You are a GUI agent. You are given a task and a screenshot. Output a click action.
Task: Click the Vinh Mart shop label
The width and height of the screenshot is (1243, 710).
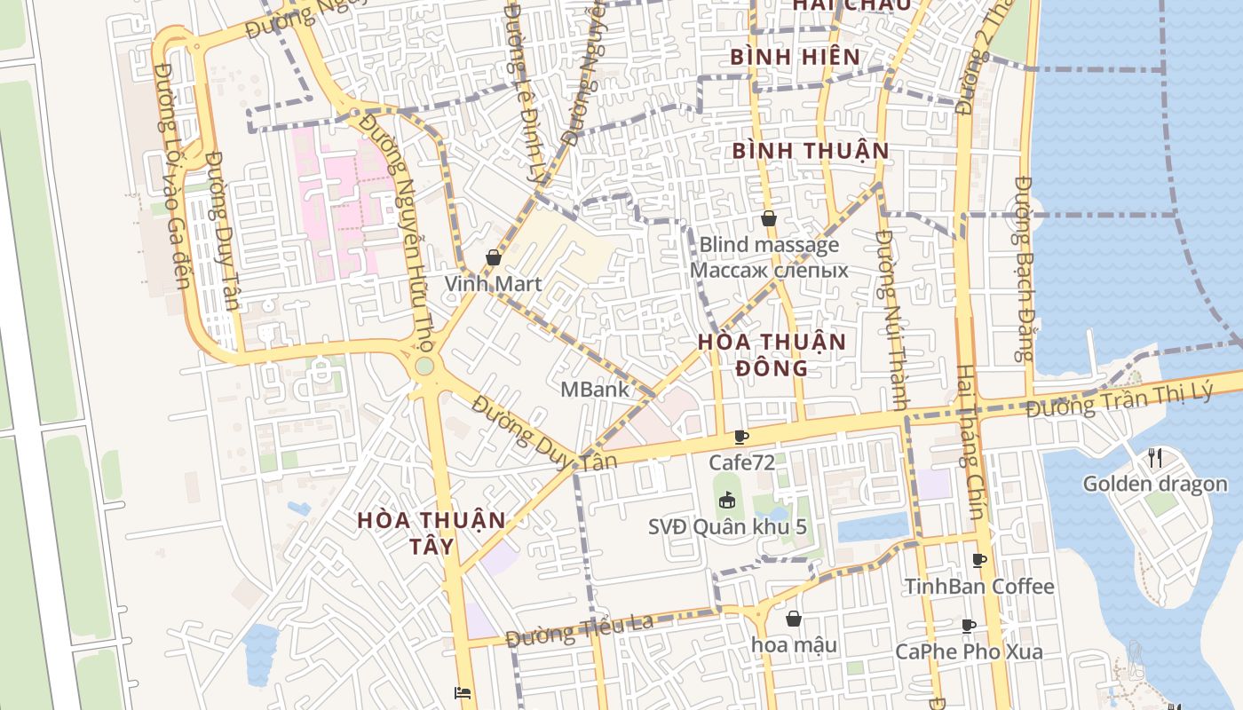tap(493, 284)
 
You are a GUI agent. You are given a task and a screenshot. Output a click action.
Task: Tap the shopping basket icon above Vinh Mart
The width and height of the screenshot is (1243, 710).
tap(493, 258)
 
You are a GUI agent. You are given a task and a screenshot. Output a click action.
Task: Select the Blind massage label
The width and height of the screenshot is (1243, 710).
tap(769, 245)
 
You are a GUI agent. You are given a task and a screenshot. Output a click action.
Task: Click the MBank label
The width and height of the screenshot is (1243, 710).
tap(594, 389)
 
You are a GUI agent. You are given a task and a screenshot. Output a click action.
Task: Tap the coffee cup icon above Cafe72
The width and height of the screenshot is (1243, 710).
tap(741, 437)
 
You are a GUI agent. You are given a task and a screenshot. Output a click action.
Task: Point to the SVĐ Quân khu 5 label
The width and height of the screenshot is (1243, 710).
tap(727, 526)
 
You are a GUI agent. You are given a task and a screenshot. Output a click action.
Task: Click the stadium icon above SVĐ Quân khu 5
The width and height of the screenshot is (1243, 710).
tap(727, 501)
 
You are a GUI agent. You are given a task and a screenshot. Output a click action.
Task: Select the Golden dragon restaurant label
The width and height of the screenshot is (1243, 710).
tap(1154, 484)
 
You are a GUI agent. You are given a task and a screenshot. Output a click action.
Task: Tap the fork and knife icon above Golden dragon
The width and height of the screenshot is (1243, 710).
tap(1154, 458)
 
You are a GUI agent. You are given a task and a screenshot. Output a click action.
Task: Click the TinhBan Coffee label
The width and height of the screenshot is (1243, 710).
tap(978, 587)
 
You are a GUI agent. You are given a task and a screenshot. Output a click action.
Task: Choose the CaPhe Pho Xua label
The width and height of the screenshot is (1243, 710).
tap(969, 651)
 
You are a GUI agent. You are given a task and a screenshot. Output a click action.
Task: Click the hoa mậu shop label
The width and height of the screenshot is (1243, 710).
tap(794, 644)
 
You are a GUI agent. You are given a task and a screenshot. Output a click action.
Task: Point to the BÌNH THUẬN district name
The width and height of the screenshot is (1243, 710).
tap(810, 151)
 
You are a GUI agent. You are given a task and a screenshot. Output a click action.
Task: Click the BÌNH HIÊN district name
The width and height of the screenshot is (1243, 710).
tap(795, 58)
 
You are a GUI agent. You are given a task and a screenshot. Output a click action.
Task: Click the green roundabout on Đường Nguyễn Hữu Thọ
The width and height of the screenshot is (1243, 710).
tap(424, 366)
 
